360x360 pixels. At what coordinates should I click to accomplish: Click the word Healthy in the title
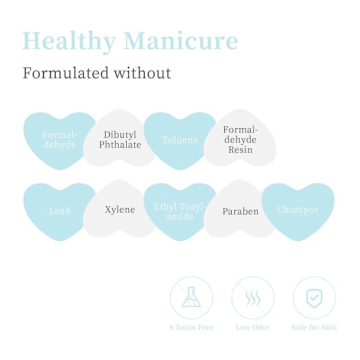(69, 42)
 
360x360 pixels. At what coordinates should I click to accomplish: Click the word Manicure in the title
(181, 40)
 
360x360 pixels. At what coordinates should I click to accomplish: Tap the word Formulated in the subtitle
(65, 73)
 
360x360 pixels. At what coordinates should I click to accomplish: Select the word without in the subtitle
(143, 73)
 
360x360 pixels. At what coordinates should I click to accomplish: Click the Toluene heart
(180, 141)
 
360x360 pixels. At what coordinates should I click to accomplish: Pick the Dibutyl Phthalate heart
(119, 138)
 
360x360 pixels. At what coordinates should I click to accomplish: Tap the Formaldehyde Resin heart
(240, 138)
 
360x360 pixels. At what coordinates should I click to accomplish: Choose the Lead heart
(60, 211)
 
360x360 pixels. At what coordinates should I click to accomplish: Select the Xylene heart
(119, 209)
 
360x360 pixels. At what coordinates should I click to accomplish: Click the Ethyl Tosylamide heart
(180, 211)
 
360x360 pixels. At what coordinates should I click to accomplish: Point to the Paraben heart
(240, 209)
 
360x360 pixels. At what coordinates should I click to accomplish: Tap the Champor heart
(298, 211)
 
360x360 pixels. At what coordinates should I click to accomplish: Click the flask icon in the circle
(191, 297)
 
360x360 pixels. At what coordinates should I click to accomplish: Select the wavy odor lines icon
(253, 297)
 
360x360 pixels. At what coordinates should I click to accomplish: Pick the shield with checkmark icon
(314, 298)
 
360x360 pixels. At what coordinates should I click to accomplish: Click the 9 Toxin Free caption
(191, 327)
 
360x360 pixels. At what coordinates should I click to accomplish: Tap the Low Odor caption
(253, 327)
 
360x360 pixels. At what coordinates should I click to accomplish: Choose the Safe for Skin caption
(314, 327)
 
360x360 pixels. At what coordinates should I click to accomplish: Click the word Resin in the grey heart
(240, 150)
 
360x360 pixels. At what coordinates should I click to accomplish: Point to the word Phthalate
(120, 145)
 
